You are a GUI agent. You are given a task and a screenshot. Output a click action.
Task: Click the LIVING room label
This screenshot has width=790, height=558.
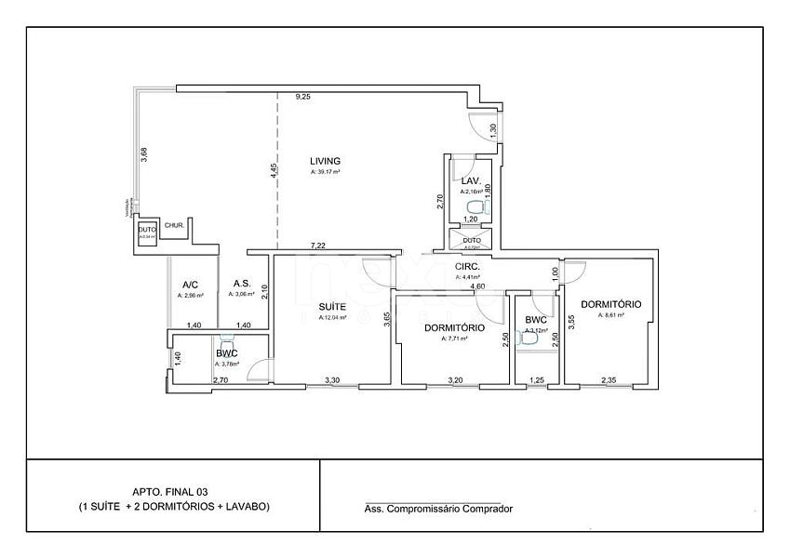click(x=325, y=161)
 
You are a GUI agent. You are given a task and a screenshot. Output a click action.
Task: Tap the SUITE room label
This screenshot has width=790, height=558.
click(x=333, y=306)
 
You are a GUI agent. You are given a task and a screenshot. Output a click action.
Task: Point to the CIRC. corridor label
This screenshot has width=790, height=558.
click(x=467, y=266)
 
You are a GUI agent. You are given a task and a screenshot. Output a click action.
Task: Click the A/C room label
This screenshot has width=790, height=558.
click(x=190, y=285)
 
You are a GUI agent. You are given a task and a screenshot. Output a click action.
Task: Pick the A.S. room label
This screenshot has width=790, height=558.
click(x=241, y=284)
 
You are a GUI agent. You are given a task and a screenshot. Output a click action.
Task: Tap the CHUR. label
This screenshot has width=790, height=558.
click(x=174, y=225)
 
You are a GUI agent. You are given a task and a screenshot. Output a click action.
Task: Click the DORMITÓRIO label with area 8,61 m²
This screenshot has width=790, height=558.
click(x=610, y=304)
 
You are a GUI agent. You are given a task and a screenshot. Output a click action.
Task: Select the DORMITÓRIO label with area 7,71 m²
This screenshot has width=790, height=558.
click(x=454, y=328)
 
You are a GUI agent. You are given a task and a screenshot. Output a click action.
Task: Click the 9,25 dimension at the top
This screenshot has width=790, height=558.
click(x=303, y=97)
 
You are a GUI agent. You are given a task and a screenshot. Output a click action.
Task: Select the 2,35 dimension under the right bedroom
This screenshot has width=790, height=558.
click(x=609, y=380)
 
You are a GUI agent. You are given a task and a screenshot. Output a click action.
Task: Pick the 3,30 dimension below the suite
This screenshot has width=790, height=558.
click(x=331, y=380)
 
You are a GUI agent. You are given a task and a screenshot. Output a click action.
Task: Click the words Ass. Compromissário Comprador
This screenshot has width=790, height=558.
click(x=438, y=509)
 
